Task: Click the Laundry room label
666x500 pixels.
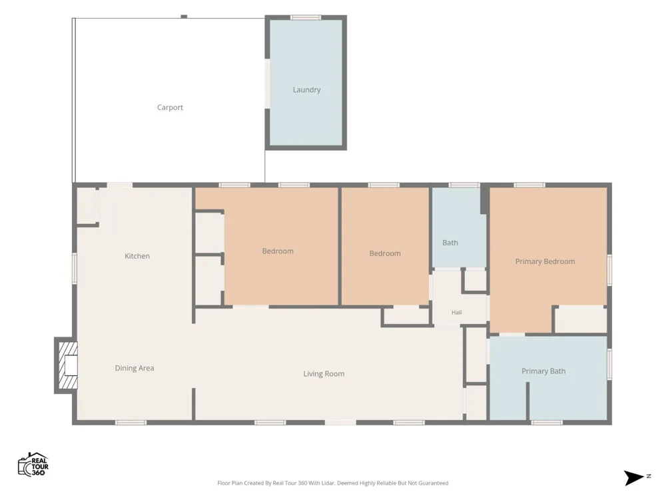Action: click(x=306, y=90)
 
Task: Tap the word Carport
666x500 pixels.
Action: click(x=170, y=107)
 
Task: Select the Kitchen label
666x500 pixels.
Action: click(x=137, y=256)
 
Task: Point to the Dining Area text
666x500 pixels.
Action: click(x=135, y=368)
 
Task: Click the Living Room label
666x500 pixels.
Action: click(x=324, y=374)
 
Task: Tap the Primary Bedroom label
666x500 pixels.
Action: click(x=545, y=261)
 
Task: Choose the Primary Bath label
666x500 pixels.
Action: click(x=543, y=371)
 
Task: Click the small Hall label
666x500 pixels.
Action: click(x=457, y=313)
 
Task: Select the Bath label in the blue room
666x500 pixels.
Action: click(x=450, y=243)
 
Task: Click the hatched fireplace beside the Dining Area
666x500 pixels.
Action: click(x=66, y=365)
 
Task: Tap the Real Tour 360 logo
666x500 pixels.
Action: click(x=33, y=464)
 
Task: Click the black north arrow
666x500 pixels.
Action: click(x=634, y=477)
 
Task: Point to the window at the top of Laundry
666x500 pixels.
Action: click(x=306, y=17)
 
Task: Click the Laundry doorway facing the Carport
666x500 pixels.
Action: click(x=267, y=84)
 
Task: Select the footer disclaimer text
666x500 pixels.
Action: click(x=332, y=483)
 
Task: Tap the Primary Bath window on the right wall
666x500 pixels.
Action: click(x=609, y=365)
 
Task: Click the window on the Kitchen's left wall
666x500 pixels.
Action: click(x=75, y=269)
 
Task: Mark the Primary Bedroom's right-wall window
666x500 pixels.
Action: click(x=609, y=270)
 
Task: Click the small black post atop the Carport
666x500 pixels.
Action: click(x=184, y=17)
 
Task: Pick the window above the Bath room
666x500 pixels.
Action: click(x=464, y=185)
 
